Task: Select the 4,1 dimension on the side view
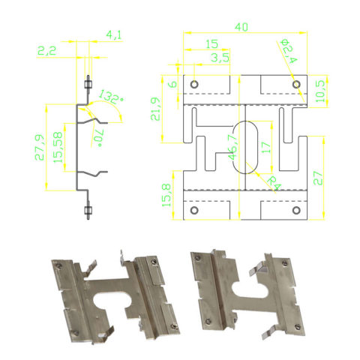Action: click(x=115, y=34)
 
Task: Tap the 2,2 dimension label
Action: click(x=46, y=50)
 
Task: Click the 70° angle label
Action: click(x=97, y=136)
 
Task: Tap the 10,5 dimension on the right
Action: click(x=321, y=90)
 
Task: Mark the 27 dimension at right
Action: click(x=321, y=177)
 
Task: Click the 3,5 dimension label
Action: click(x=220, y=58)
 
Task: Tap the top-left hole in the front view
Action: click(x=194, y=84)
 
